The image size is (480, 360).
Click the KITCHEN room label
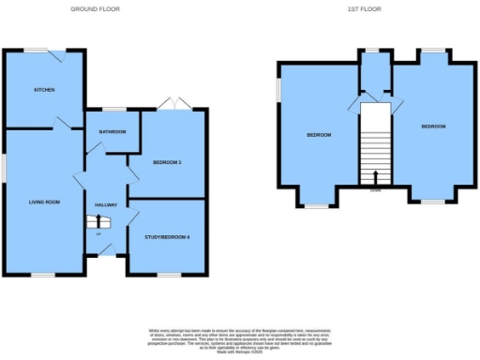[44, 90]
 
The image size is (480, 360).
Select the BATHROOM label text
[112, 132]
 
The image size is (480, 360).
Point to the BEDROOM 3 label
[167, 162]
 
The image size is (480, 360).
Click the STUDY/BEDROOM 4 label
[167, 236]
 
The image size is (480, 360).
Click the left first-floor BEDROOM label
[319, 135]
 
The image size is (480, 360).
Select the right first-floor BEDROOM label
[433, 126]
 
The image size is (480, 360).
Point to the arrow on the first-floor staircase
[376, 176]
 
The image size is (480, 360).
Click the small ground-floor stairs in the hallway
[97, 222]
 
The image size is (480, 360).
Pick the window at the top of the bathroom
[114, 110]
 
